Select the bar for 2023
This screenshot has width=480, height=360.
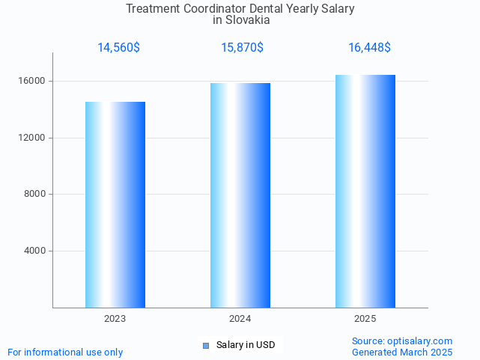115,204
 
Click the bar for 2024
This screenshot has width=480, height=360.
240,195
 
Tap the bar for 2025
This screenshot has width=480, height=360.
365,191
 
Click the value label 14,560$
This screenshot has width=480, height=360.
118,48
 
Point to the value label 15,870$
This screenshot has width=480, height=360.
242,48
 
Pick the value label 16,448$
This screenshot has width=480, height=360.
369,48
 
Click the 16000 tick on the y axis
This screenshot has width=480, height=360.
34,81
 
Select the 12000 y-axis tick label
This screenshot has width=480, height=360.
34,138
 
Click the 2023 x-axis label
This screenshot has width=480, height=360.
115,319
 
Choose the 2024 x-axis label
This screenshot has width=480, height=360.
240,319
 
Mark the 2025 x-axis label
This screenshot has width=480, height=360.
365,319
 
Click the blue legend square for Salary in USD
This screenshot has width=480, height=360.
206,345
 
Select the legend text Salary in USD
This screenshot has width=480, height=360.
246,345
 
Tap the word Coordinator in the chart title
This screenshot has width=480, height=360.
214,9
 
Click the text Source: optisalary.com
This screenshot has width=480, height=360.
402,341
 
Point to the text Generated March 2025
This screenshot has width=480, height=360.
402,352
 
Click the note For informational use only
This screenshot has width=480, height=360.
65,352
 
